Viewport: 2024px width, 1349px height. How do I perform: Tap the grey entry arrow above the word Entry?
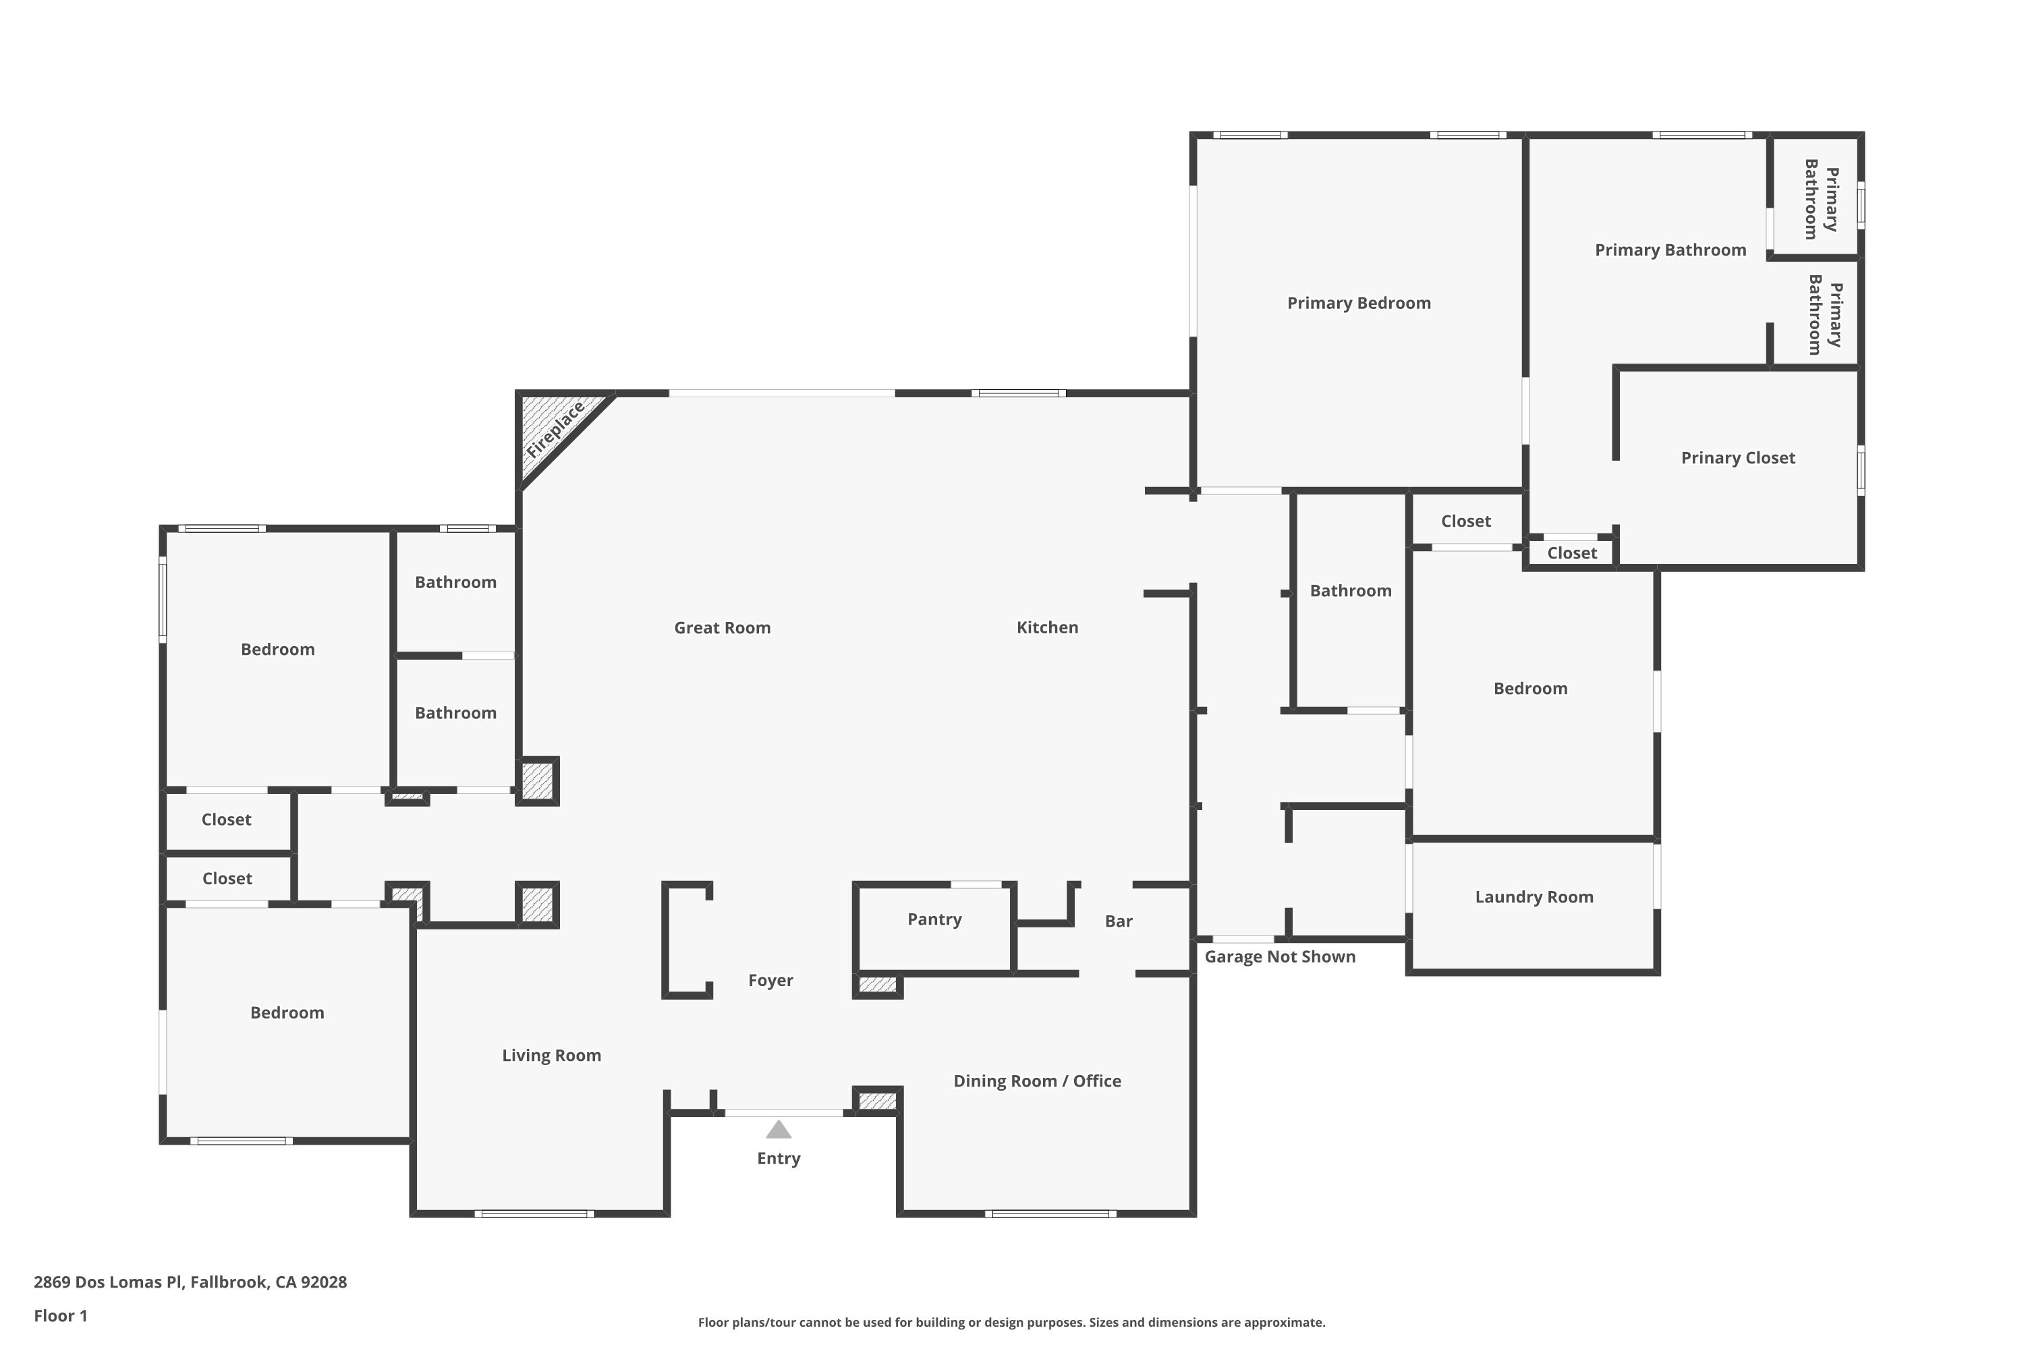778,1130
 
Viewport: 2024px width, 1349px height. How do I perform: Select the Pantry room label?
934,919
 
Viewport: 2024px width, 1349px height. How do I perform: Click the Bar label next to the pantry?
1118,921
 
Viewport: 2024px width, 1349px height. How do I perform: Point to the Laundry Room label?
1534,896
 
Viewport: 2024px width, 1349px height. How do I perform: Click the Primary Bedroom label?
1358,303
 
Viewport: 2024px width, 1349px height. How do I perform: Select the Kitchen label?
1046,627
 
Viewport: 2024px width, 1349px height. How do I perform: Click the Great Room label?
722,628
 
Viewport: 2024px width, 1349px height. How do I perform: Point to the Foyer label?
770,980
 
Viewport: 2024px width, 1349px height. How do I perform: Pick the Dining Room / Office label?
1036,1081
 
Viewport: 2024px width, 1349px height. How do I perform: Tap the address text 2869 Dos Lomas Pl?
190,1282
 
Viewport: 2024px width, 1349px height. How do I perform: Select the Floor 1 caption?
60,1315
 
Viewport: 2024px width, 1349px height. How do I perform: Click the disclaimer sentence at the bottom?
1011,1322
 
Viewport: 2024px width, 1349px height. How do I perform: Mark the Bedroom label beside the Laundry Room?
1529,688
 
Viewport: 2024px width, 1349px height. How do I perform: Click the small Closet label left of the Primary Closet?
1571,553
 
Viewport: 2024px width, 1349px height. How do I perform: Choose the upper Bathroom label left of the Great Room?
455,583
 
